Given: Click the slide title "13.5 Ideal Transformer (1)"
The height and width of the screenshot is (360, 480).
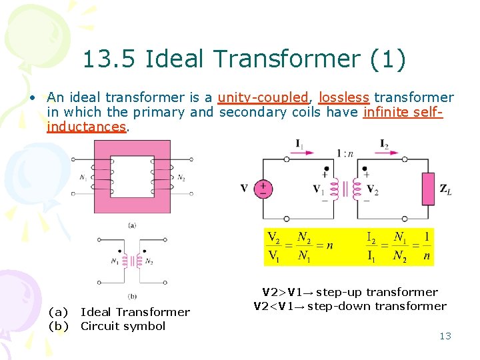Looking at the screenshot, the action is click(x=244, y=59).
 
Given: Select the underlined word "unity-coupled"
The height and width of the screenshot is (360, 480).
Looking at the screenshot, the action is click(x=263, y=97).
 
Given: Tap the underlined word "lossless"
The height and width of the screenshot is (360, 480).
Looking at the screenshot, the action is click(x=344, y=97).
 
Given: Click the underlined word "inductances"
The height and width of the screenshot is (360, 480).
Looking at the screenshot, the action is click(x=86, y=126).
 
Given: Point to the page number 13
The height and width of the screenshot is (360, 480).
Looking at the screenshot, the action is click(x=445, y=336).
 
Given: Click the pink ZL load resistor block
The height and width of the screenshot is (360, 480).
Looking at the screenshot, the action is click(x=427, y=189).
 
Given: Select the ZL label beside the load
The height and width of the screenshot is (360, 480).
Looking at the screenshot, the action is click(x=445, y=189).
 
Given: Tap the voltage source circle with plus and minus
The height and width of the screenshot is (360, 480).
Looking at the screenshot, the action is click(x=265, y=189).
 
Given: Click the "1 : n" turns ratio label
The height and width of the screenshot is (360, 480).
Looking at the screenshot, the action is click(x=345, y=153).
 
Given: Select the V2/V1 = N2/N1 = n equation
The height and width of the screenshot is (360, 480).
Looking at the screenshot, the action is click(x=300, y=247).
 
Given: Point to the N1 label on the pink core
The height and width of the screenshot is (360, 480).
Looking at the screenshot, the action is click(x=81, y=177).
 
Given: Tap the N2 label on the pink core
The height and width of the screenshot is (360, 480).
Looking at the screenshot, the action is click(x=181, y=177).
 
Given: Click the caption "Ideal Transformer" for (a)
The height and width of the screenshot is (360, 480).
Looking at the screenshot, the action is click(x=135, y=312).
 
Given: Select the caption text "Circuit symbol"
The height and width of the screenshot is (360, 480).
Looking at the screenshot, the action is click(x=123, y=326).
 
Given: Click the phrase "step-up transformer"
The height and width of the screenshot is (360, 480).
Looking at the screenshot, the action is click(x=377, y=292).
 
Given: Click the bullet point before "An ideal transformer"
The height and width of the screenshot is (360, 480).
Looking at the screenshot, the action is click(x=31, y=98).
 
